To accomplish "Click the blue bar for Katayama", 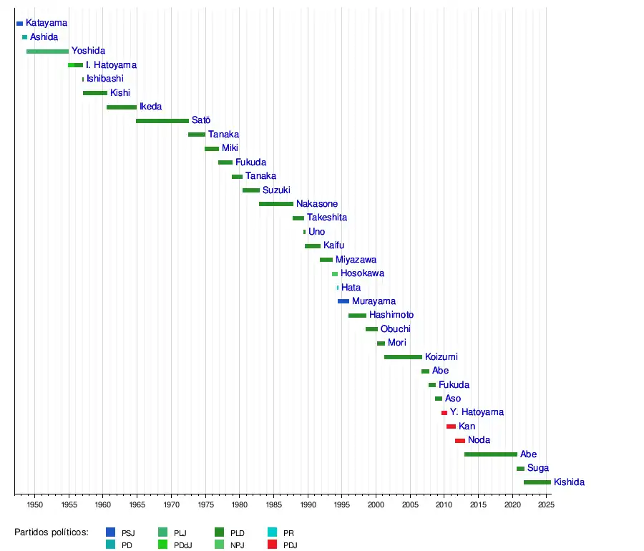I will pos(19,24).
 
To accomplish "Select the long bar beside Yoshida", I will pos(47,52).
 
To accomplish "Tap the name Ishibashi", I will pos(105,79).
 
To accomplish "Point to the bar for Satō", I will pos(162,121).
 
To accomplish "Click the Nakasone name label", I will pos(317,204).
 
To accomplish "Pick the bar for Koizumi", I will pos(403,357).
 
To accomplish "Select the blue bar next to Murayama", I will pos(343,301).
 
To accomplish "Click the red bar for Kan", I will pos(451,426).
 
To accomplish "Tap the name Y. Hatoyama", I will pos(477,412).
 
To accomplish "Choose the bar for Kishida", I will pos(537,482).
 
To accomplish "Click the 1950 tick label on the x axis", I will pos(35,505).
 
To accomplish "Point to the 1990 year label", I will pos(308,505).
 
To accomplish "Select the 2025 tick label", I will pos(545,505).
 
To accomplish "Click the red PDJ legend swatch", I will pos(272,545).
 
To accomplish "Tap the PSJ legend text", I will pos(128,533).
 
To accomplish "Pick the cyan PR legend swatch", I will pos(272,532).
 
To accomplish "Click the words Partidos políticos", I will pos(52,532).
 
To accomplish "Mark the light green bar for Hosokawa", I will pos(334,274).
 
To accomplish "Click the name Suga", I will pos(538,469).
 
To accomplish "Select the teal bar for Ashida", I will pos(24,37).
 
